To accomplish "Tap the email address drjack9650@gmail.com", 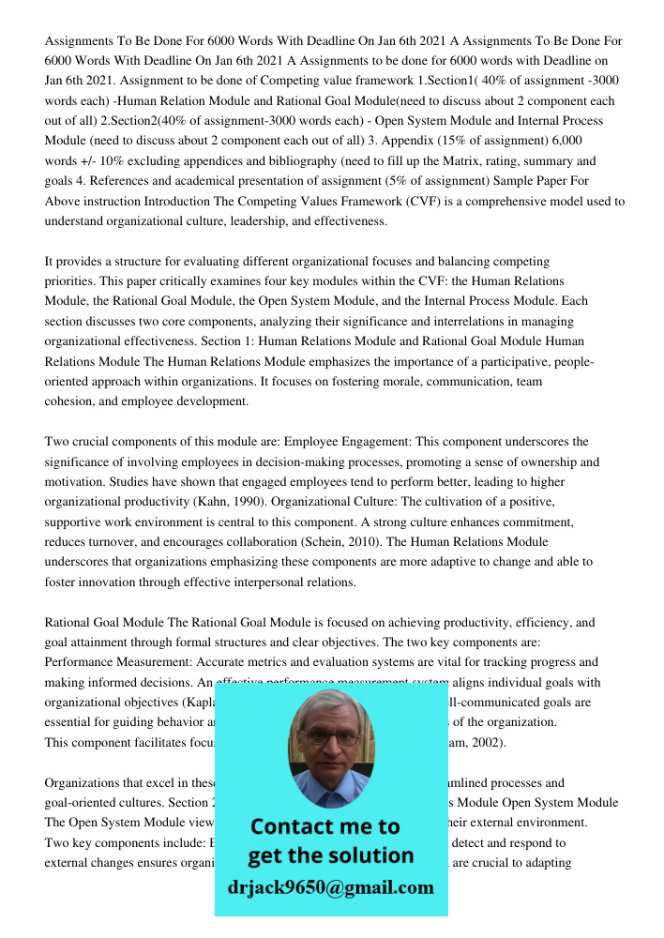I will point(331,886).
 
